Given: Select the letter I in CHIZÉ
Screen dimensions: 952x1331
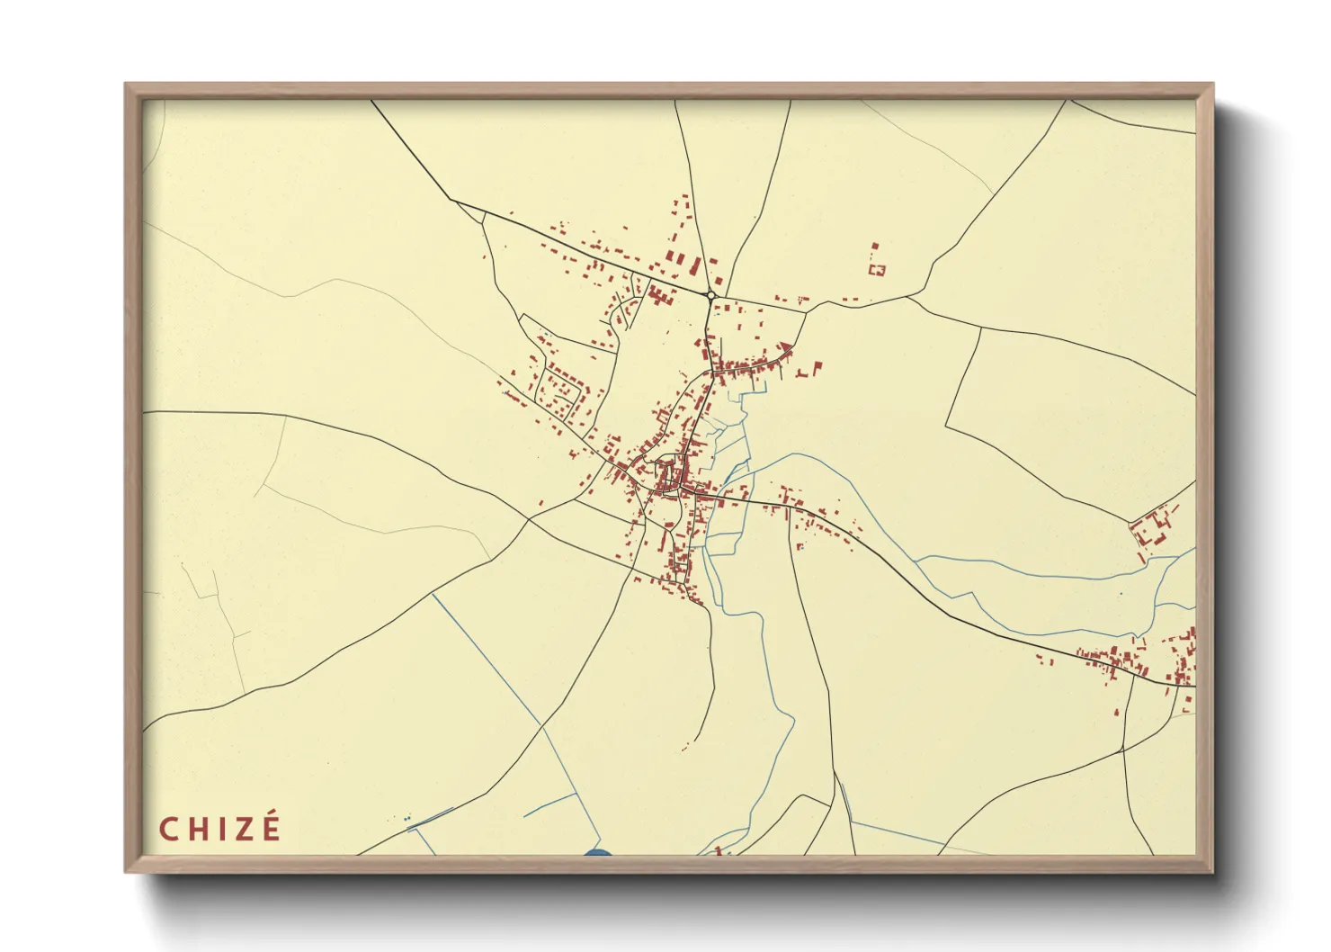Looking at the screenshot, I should tap(219, 829).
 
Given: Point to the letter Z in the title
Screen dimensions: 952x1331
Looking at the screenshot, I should tap(241, 829).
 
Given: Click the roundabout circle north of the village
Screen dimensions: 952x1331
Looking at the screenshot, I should tap(710, 295).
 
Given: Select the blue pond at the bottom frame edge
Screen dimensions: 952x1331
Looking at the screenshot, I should tap(597, 853).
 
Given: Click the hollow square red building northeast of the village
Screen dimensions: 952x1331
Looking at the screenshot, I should tap(878, 268).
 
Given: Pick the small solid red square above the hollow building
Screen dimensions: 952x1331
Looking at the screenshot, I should tap(874, 245).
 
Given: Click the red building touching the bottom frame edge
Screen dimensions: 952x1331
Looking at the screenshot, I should tap(719, 851).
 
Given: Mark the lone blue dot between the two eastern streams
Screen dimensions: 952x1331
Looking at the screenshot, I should tap(1121, 594).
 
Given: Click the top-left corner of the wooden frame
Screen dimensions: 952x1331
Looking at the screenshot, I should tap(127, 85).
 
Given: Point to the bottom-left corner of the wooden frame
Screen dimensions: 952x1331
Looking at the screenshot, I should tap(127, 871).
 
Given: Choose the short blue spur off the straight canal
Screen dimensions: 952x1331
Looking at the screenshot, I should tap(549, 804).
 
